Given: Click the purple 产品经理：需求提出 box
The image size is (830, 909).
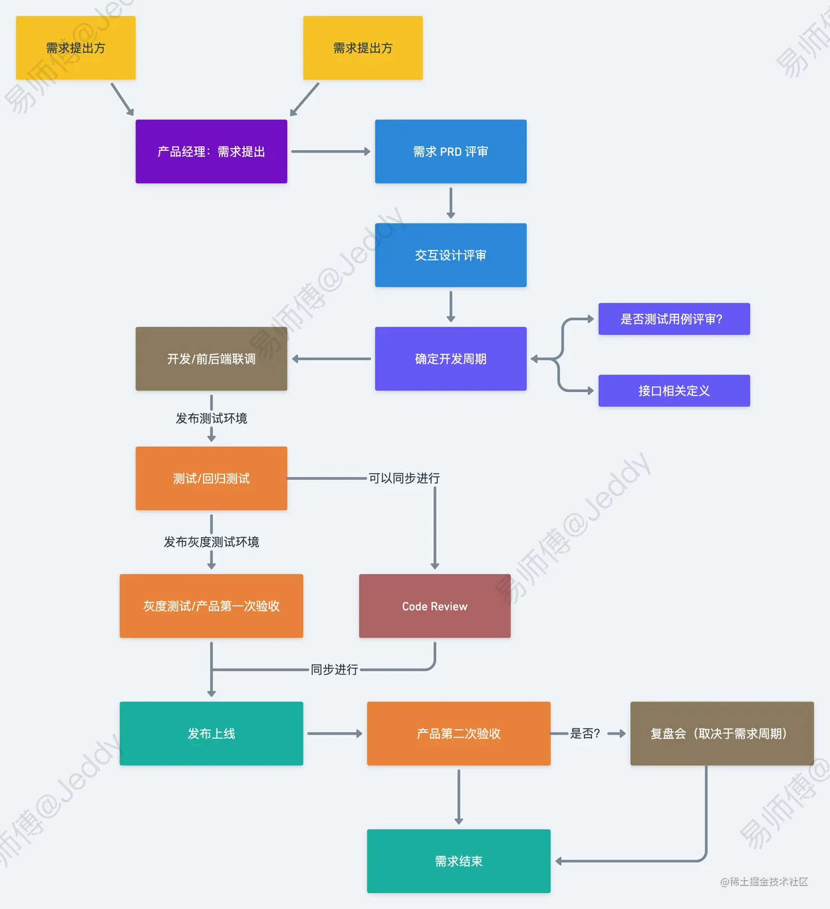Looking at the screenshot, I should pos(211,151).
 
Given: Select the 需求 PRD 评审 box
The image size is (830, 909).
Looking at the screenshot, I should pos(450,151).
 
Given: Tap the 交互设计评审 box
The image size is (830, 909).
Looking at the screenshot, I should pos(450,255).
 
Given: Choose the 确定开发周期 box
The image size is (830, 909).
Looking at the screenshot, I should pos(450,359).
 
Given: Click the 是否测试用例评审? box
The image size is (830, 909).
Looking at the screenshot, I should pos(674,319).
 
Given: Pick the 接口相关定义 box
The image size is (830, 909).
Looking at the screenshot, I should pos(674,391).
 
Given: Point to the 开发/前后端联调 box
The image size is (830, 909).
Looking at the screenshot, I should pos(211,359).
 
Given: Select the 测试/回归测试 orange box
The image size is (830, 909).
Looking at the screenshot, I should pos(211,478).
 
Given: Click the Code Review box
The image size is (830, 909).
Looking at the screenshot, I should pos(434,606).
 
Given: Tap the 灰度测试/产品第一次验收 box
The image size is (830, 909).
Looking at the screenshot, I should pos(211,606).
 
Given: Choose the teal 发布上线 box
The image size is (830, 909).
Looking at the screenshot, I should pos(211,733).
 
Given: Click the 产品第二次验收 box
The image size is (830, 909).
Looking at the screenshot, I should pos(458,733).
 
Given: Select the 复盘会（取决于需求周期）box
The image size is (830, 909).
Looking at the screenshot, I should pos(721,733).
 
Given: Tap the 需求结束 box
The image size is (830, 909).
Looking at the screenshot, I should pos(458,861).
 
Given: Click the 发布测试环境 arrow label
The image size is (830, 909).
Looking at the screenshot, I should pos(211,419).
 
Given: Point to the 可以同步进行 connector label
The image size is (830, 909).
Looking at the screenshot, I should pos(404,478).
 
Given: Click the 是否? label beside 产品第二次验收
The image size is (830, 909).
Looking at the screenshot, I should pos(585,733).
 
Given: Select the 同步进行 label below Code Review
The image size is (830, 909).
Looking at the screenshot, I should pos(334,670).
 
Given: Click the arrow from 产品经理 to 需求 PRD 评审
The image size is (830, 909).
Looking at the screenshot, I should pos(330,151).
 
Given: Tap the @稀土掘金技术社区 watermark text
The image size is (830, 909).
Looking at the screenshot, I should pos(764,882).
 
